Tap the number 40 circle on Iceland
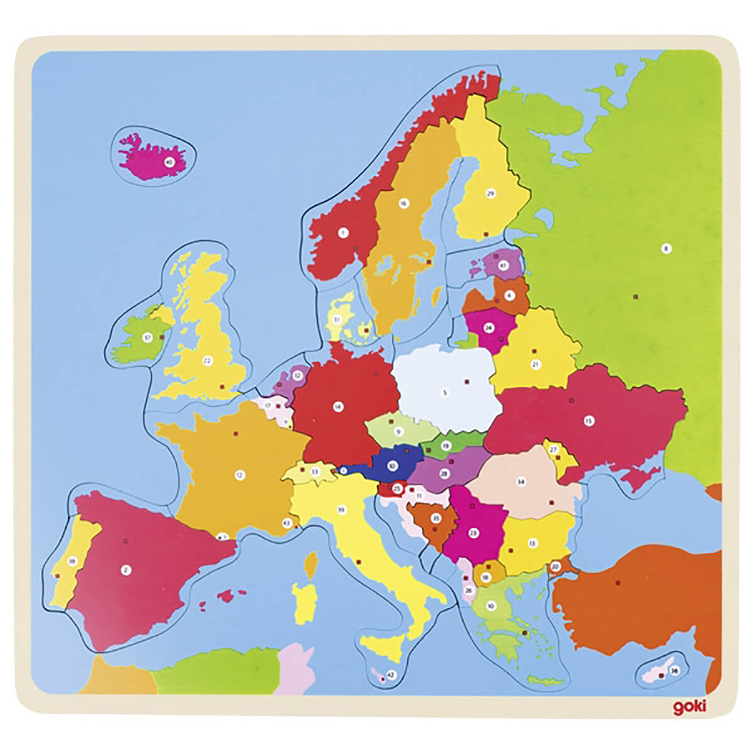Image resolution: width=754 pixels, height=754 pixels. click(168, 162)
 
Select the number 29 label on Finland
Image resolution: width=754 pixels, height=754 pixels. click(491, 194)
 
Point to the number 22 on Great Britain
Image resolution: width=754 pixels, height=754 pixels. click(207, 360)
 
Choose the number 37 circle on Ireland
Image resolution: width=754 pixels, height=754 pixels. click(148, 337)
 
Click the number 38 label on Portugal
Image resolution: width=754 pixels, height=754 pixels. click(72, 562)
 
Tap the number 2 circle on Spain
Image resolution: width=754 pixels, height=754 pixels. click(126, 570)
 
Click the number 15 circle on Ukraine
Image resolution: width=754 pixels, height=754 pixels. click(589, 420)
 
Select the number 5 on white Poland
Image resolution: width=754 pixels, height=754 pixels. click(444, 393)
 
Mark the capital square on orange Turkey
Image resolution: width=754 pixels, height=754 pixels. click(618, 582)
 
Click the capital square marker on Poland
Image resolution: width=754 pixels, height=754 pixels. click(467, 381)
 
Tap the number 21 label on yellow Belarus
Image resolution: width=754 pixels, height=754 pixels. click(535, 364)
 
